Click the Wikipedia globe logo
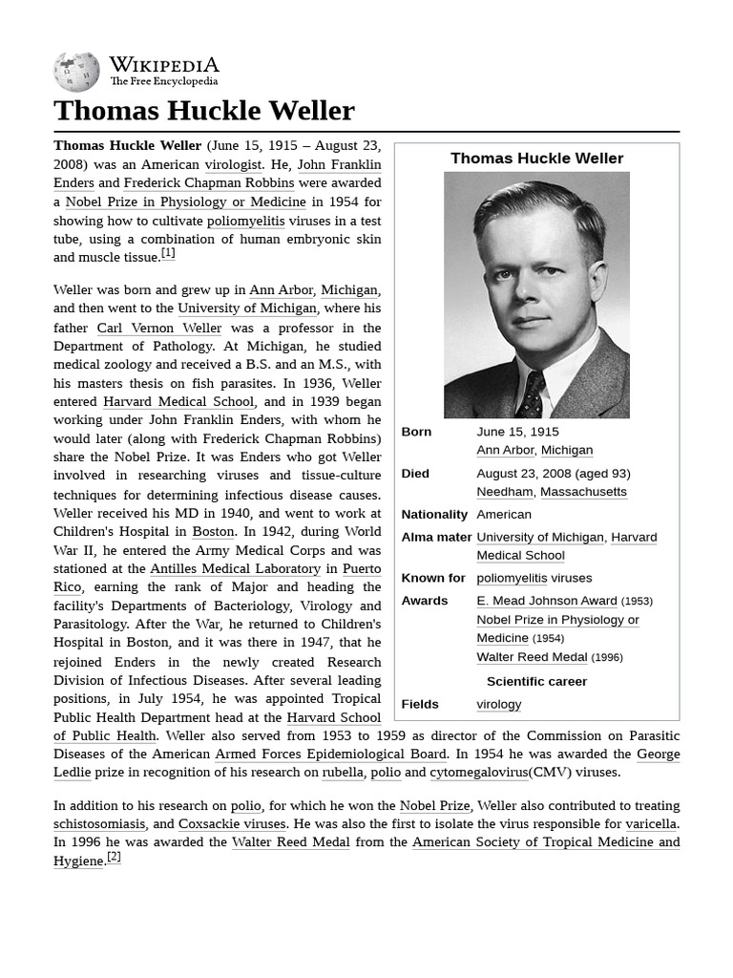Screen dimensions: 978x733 click(76, 72)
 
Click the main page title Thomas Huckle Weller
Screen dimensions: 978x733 click(204, 111)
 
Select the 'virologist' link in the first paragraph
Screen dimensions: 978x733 click(234, 164)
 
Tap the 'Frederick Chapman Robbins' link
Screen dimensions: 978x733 click(209, 183)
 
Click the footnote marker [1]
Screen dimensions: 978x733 click(168, 253)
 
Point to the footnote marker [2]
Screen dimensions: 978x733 click(114, 857)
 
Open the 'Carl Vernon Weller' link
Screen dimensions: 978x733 click(158, 328)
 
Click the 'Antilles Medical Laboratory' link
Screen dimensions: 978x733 click(235, 569)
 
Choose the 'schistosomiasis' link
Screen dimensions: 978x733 click(99, 824)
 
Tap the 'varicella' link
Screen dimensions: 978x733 click(651, 824)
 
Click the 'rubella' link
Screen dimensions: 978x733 click(342, 773)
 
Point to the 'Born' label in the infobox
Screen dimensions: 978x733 click(416, 432)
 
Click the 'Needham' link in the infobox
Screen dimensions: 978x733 click(504, 492)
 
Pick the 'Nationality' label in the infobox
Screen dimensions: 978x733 click(434, 515)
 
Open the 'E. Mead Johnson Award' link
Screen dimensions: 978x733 click(547, 601)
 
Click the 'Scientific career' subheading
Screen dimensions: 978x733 click(536, 682)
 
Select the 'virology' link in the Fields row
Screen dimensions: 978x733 click(499, 705)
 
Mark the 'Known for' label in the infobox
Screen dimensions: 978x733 click(433, 578)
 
